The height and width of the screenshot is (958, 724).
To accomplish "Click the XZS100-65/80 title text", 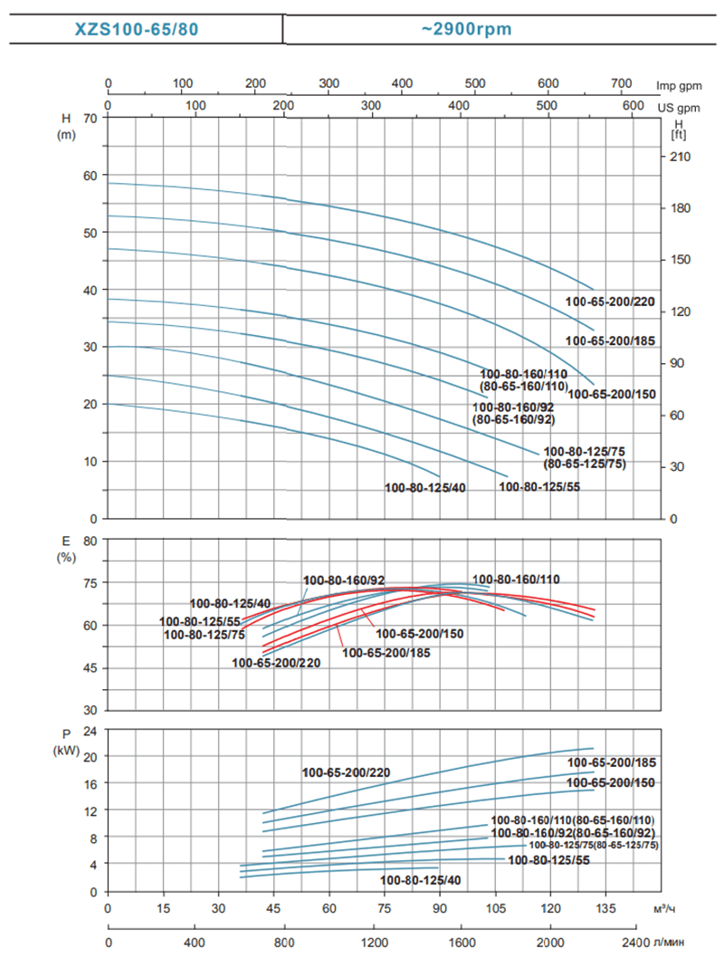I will (137, 29).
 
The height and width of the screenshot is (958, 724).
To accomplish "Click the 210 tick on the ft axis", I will (680, 157).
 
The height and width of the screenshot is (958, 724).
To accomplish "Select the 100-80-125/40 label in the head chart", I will (424, 489).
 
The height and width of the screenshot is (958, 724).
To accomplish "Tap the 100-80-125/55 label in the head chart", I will (540, 486).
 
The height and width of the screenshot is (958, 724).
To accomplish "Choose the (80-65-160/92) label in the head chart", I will (513, 420).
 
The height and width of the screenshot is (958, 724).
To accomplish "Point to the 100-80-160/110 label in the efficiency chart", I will (517, 580).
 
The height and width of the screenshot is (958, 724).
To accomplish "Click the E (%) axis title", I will (65, 549).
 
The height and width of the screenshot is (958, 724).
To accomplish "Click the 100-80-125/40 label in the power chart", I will (421, 880).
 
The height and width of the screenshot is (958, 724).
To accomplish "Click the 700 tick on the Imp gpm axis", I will (621, 84).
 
